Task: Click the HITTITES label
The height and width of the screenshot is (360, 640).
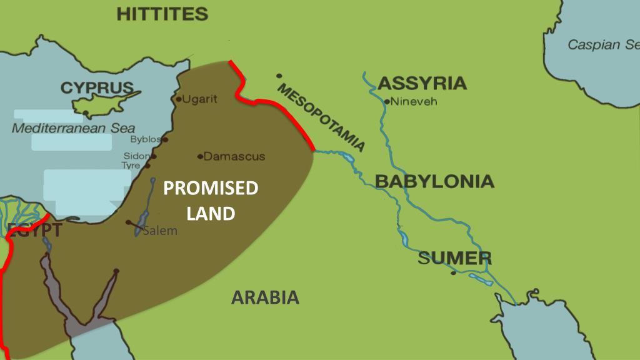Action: (162, 14)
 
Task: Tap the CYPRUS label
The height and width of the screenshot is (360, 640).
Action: (97, 88)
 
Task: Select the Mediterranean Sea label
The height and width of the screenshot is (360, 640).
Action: (74, 128)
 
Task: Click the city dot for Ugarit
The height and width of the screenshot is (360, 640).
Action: (178, 99)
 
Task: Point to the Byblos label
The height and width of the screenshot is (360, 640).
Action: (145, 139)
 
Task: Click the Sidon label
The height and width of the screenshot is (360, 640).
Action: (136, 156)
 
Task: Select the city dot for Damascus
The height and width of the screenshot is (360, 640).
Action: (199, 156)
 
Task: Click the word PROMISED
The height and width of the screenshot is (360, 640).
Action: (211, 188)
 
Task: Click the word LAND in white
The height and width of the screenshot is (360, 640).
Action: (211, 214)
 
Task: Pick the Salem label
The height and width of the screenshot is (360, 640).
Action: (160, 231)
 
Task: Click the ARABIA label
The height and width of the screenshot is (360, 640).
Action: (265, 297)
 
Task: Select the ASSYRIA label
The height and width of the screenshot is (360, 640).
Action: (422, 83)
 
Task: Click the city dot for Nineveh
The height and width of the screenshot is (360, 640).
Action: (387, 101)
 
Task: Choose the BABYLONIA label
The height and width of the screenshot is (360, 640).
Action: (434, 182)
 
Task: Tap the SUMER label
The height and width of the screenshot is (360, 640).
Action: (454, 258)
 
